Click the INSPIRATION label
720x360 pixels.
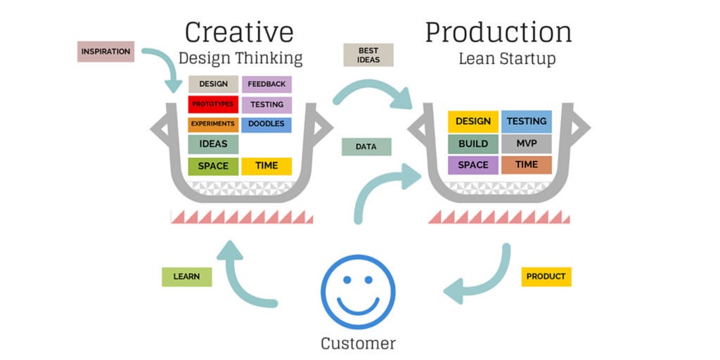coord(105,51)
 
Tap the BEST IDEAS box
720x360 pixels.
coord(368,55)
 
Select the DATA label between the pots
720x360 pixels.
coord(366,147)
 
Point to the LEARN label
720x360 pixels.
coord(186,276)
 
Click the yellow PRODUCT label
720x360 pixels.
coord(546,276)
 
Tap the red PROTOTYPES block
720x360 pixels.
coord(213,104)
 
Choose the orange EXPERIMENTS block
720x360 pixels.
coord(213,124)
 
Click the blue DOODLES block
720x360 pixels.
coord(266,124)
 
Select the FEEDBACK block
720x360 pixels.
coord(266,84)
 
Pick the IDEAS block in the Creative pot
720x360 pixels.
coord(213,144)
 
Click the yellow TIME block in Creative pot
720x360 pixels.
coord(266,166)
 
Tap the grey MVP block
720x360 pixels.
coord(527,143)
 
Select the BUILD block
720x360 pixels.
coord(473,143)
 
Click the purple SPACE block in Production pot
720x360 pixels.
coord(473,165)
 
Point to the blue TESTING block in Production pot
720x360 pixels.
coord(527,121)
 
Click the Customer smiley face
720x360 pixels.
coord(358,292)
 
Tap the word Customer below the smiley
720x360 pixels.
coord(358,343)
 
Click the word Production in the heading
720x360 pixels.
coord(498,32)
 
